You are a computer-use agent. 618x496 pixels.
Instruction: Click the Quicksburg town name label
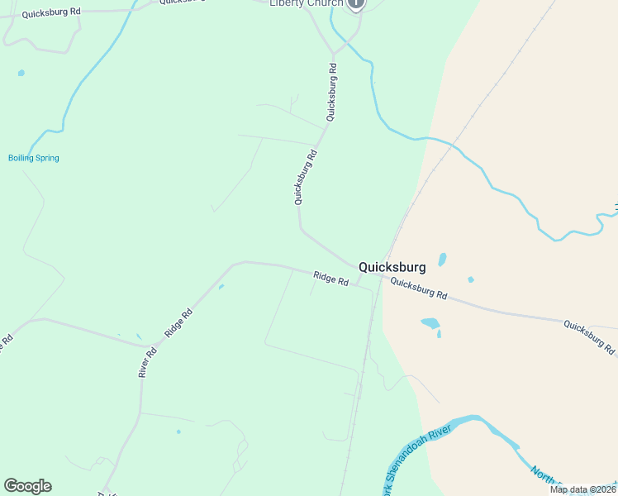pyautogui.click(x=392, y=267)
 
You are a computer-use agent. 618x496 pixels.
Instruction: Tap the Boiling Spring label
pyautogui.click(x=34, y=158)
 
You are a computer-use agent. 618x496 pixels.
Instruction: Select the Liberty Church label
pyautogui.click(x=306, y=3)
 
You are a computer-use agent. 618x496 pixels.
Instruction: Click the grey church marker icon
pyautogui.click(x=355, y=3)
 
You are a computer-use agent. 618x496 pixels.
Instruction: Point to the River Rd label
pyautogui.click(x=148, y=362)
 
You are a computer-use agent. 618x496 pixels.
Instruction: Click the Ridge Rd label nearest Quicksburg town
pyautogui.click(x=330, y=279)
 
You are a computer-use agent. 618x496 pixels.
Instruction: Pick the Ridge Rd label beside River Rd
pyautogui.click(x=178, y=322)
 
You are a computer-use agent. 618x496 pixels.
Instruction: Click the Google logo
pyautogui.click(x=27, y=486)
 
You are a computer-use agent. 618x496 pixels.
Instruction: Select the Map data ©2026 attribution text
pyautogui.click(x=582, y=489)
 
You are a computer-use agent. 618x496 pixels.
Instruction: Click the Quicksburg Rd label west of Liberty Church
pyautogui.click(x=51, y=13)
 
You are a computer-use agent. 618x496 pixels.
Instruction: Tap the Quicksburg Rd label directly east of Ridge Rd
pyautogui.click(x=418, y=289)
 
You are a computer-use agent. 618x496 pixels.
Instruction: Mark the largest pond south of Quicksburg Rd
pyautogui.click(x=430, y=323)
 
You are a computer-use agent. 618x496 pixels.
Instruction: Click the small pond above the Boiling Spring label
pyautogui.click(x=21, y=73)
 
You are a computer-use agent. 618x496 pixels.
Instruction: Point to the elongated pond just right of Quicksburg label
pyautogui.click(x=442, y=260)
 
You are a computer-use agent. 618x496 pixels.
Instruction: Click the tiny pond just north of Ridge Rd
pyautogui.click(x=221, y=287)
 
